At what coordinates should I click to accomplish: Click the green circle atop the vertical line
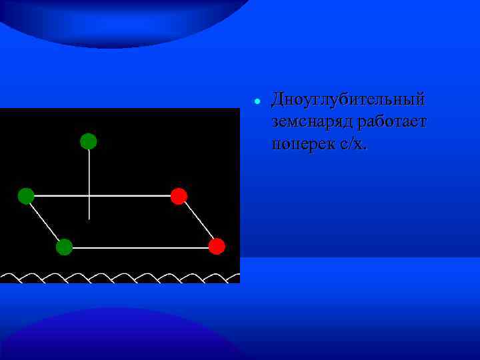pyautogui.click(x=89, y=141)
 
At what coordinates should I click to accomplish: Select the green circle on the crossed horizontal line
pyautogui.click(x=26, y=196)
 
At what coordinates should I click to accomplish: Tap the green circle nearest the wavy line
pyautogui.click(x=64, y=247)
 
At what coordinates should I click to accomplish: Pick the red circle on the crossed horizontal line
pyautogui.click(x=179, y=196)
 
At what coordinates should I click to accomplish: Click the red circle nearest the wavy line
pyautogui.click(x=217, y=247)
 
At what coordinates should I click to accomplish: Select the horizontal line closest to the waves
pyautogui.click(x=140, y=247)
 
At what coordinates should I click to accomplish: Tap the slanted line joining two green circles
pyautogui.click(x=45, y=221)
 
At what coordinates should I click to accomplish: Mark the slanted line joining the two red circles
pyautogui.click(x=198, y=221)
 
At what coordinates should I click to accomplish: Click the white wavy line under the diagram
pyautogui.click(x=120, y=277)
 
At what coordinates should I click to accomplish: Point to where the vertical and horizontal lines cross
pyautogui.click(x=89, y=196)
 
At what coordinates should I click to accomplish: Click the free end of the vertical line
pyautogui.click(x=89, y=218)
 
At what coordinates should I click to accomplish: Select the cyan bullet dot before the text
pyautogui.click(x=256, y=102)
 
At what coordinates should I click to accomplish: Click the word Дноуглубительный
pyautogui.click(x=347, y=100)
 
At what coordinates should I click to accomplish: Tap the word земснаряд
pyautogui.click(x=312, y=122)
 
